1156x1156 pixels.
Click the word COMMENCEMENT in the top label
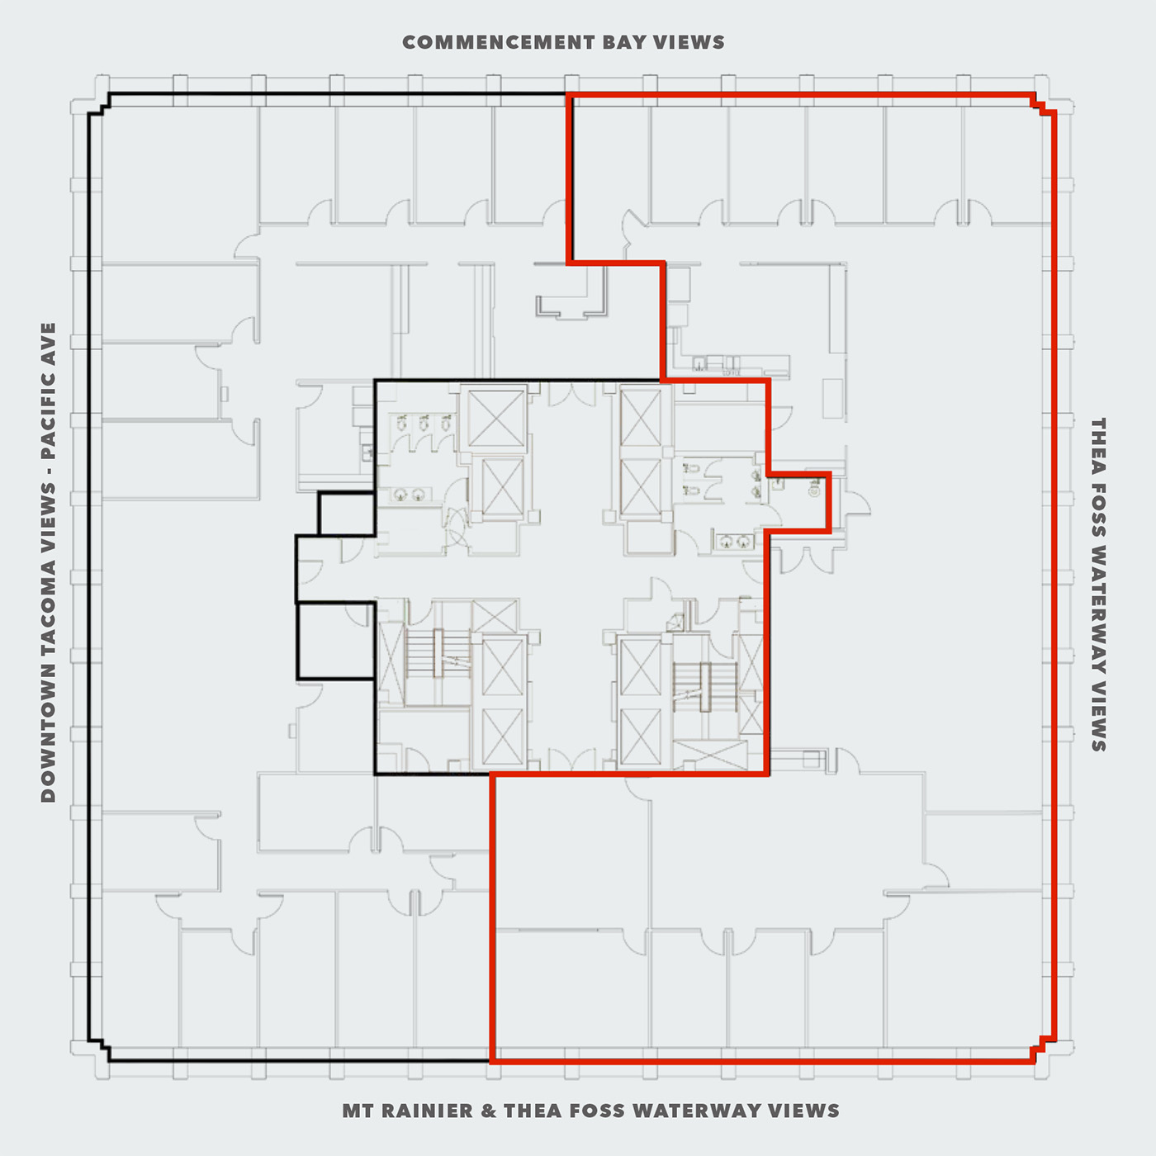(499, 43)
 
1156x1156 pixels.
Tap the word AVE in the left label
(48, 341)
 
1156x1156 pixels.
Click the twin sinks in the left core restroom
(410, 495)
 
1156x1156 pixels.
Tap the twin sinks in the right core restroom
(735, 541)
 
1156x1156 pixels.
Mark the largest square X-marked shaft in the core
(495, 418)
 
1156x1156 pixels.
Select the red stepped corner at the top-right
(1043, 104)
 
